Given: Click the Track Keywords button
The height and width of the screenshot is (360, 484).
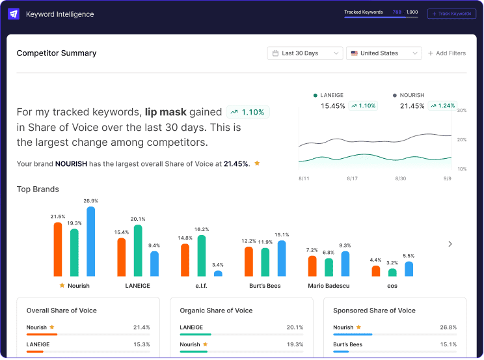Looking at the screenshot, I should (x=451, y=14).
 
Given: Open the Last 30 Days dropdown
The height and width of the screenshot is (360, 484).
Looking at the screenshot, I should (x=304, y=53).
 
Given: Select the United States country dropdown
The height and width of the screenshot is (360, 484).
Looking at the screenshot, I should (x=383, y=53).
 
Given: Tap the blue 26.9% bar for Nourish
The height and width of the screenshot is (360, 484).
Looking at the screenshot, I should (x=90, y=242).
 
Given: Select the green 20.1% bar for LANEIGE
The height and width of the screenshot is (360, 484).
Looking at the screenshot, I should (x=138, y=251).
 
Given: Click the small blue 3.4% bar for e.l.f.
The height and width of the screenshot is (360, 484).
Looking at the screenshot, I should (x=218, y=273).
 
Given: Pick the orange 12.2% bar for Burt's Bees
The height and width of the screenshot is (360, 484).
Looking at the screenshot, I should (x=249, y=262).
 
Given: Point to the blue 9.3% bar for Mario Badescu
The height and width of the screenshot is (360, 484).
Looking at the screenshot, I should (x=345, y=264).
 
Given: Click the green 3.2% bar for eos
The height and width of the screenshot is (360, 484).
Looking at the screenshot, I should (x=392, y=272).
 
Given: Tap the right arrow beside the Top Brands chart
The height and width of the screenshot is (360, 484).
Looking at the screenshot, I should (x=450, y=244).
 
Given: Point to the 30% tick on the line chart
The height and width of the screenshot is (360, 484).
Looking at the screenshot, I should (x=462, y=111).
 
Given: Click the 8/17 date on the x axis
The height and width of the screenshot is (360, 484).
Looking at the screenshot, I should (x=352, y=178).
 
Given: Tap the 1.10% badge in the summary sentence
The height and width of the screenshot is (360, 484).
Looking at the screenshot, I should (x=247, y=112).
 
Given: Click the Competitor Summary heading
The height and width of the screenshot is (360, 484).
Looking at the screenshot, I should (x=57, y=53).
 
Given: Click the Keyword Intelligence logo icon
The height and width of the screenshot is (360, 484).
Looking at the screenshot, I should (x=14, y=14).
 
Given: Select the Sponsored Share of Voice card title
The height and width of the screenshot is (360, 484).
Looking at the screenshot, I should (x=374, y=311).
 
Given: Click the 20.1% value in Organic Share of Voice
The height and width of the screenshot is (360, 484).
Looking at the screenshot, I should (x=294, y=327).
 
